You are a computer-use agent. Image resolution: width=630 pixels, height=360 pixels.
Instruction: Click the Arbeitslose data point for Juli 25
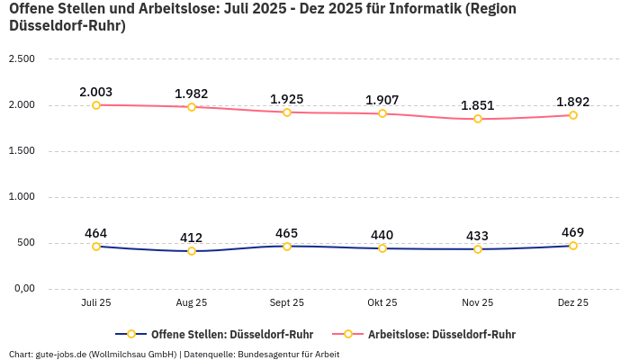pos(96,105)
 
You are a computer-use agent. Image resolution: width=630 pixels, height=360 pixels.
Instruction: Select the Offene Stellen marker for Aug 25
pos(192,251)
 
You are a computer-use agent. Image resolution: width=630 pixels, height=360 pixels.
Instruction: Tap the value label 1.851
pos(478,105)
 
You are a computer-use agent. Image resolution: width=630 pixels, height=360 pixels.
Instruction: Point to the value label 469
pos(573,232)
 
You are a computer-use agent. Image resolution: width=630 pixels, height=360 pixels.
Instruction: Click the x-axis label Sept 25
pos(287,303)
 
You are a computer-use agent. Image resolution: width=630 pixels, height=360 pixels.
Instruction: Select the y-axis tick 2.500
pos(21,59)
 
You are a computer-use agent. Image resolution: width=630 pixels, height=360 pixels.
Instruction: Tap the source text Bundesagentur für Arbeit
pos(289,354)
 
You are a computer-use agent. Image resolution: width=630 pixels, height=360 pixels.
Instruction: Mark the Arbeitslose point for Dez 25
pos(573,115)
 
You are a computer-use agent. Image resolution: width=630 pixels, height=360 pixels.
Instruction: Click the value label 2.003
pos(96,92)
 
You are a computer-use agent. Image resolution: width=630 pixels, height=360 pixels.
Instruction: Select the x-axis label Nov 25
pos(478,303)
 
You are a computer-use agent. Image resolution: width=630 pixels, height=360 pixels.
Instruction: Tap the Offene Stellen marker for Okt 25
pos(382,248)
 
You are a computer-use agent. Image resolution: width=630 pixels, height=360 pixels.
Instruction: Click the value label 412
pos(192,238)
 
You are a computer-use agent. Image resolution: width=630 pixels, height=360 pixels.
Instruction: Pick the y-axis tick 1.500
pos(21,151)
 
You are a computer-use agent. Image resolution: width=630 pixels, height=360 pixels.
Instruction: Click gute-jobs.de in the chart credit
pos(61,354)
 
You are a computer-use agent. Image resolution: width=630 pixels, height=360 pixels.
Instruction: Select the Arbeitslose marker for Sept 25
pos(287,112)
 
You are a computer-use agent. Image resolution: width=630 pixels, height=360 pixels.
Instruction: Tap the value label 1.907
pos(382,100)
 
